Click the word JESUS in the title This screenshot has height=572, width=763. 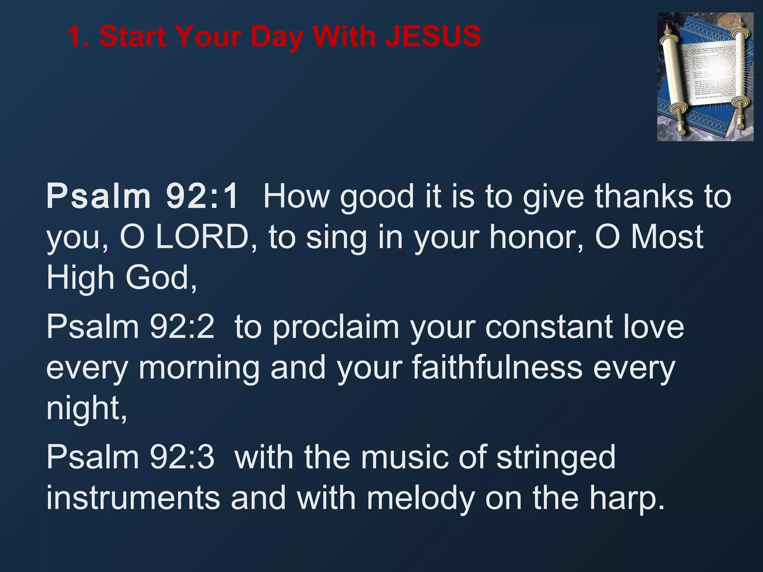[x=433, y=36]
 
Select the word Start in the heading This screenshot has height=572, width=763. [x=133, y=36]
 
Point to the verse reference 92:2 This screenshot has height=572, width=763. [x=182, y=327]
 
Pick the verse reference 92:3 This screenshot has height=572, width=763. [x=182, y=457]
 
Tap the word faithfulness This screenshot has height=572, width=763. [x=497, y=368]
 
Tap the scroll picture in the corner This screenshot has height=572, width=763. [x=705, y=77]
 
